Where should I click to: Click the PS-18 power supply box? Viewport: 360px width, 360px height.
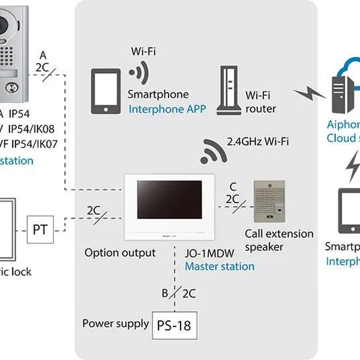pyautogui.click(x=174, y=326)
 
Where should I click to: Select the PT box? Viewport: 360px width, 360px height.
pyautogui.click(x=40, y=230)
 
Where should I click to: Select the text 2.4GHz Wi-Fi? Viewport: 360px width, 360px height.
pyautogui.click(x=258, y=142)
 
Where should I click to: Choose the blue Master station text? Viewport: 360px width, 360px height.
pyautogui.click(x=219, y=266)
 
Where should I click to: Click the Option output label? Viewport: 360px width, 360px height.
pyautogui.click(x=120, y=253)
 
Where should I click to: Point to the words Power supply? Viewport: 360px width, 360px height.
pyautogui.click(x=115, y=324)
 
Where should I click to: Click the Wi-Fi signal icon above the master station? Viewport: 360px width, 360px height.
pyautogui.click(x=214, y=149)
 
